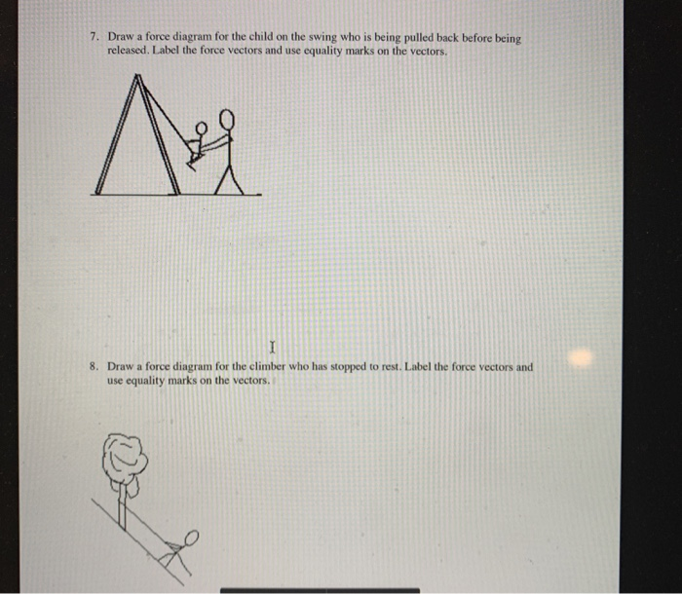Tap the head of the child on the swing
click(205, 128)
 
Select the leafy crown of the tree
click(126, 456)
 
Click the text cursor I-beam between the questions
click(274, 345)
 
